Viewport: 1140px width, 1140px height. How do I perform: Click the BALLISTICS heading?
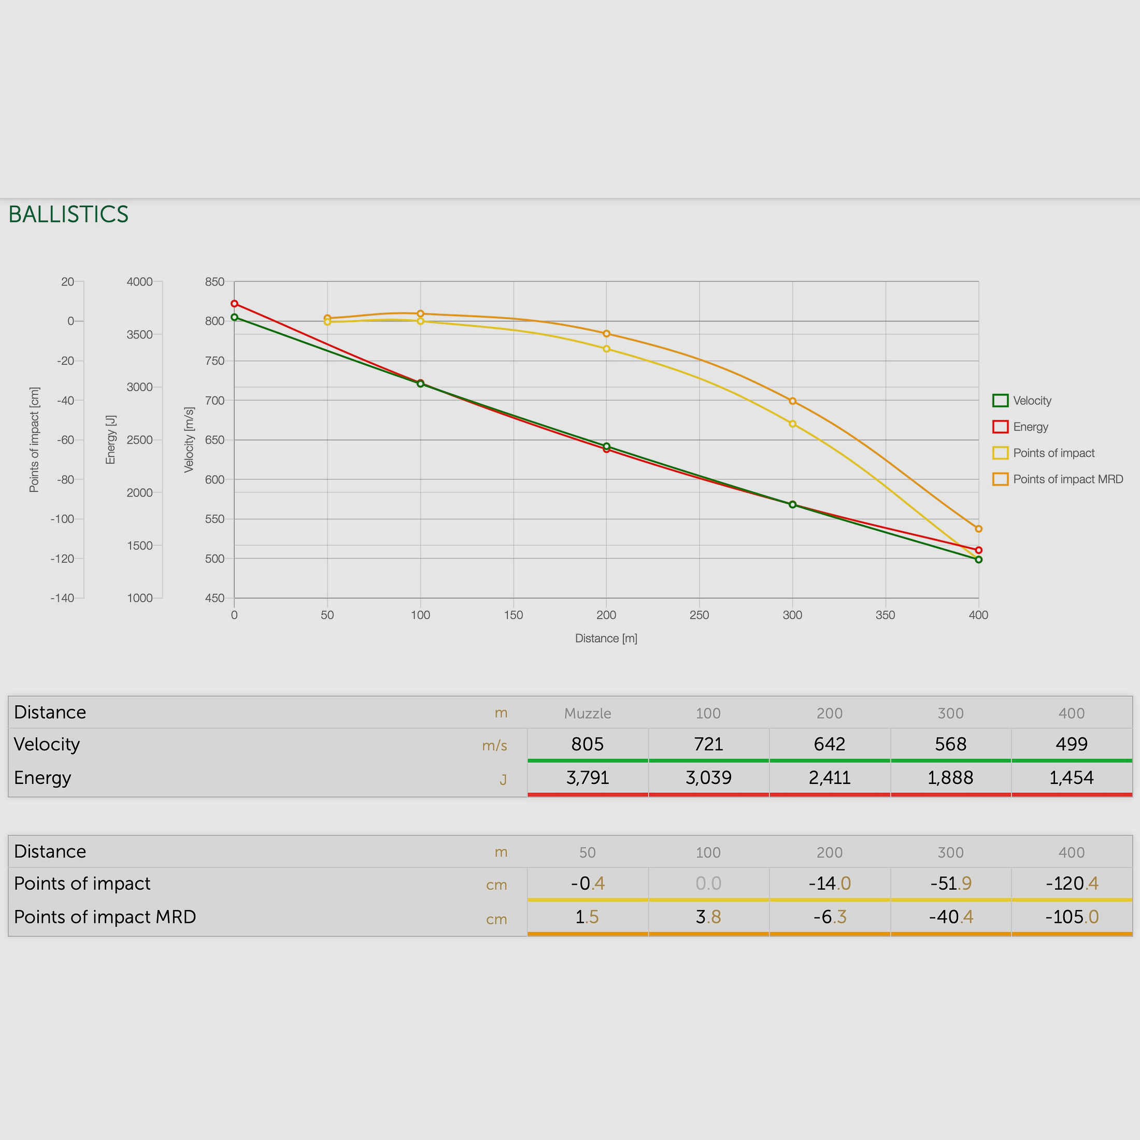pyautogui.click(x=68, y=214)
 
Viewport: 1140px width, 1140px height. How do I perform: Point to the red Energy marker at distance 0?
pyautogui.click(x=234, y=304)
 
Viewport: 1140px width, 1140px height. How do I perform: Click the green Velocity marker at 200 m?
pyautogui.click(x=607, y=447)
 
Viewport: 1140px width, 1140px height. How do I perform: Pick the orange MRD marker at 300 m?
pyautogui.click(x=792, y=401)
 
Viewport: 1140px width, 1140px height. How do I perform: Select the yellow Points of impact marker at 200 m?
pyautogui.click(x=607, y=349)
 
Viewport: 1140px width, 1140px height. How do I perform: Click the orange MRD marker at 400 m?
pyautogui.click(x=979, y=529)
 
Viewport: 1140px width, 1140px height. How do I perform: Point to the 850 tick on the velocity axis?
pyautogui.click(x=215, y=282)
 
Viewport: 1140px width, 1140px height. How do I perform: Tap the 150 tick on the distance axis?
pyautogui.click(x=514, y=615)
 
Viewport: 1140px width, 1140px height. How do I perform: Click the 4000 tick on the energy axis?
pyautogui.click(x=140, y=282)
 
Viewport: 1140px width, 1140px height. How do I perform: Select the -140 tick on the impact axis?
pyautogui.click(x=63, y=598)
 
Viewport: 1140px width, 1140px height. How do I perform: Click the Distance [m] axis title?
pyautogui.click(x=606, y=638)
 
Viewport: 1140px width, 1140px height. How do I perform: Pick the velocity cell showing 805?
pyautogui.click(x=587, y=744)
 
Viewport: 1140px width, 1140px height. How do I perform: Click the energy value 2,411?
pyautogui.click(x=829, y=778)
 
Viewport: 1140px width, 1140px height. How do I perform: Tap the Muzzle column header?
pyautogui.click(x=587, y=714)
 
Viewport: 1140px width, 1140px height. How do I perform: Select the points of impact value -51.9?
pyautogui.click(x=950, y=883)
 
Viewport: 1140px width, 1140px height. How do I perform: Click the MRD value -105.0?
pyautogui.click(x=1072, y=917)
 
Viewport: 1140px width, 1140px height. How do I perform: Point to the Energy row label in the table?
pyautogui.click(x=42, y=778)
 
